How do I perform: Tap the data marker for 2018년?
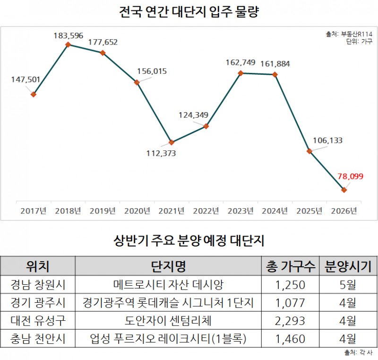(68, 44)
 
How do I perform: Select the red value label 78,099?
(350, 176)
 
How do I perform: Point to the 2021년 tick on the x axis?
(172, 211)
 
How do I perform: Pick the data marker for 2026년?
(344, 190)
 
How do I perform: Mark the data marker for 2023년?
(241, 73)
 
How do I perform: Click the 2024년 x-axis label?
(275, 211)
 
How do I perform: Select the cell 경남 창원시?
(38, 285)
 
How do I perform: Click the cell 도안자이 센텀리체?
(168, 321)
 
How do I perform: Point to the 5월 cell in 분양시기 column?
(347, 285)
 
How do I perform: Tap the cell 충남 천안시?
(38, 339)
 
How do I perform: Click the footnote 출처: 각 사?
(359, 353)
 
